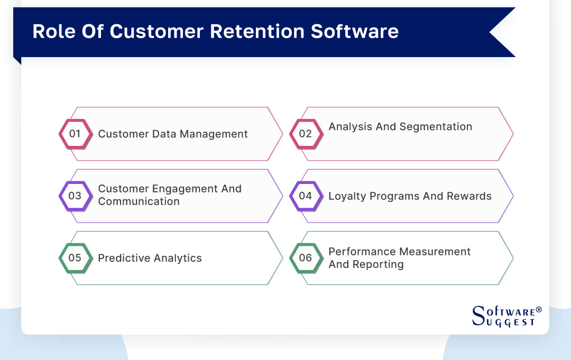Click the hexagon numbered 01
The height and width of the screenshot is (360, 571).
75,134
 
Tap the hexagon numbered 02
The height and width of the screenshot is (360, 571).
305,134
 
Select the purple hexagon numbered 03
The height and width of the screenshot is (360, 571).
75,196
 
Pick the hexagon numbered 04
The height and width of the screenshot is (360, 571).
305,196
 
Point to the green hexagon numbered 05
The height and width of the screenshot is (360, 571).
75,258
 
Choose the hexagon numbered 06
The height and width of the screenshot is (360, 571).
305,258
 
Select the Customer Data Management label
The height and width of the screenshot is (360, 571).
172,134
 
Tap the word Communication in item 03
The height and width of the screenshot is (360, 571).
139,202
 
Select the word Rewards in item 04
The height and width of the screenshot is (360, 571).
470,196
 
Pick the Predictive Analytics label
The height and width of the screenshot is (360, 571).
150,259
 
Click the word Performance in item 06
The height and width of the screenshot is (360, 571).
363,252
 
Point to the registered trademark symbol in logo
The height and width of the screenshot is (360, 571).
539,309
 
